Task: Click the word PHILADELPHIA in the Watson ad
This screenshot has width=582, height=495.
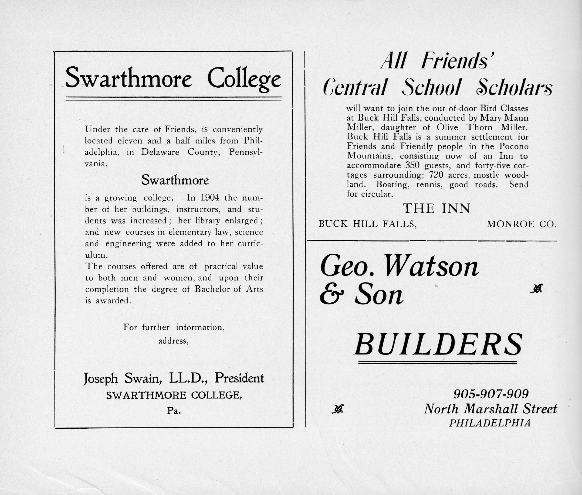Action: coord(490,423)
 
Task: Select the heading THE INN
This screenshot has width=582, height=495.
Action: coord(436,208)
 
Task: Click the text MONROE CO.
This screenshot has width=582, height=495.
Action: coord(522,224)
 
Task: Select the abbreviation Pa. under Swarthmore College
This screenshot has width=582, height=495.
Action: coord(174,411)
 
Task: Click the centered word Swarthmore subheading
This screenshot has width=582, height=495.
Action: coord(175,180)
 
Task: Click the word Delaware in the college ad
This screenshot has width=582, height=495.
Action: coord(160,152)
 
